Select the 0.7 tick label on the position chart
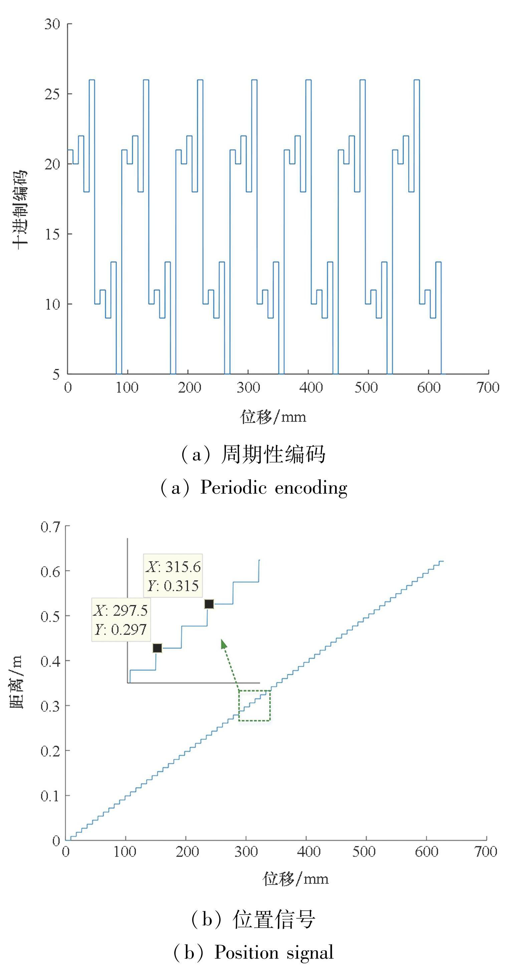pos(50,527)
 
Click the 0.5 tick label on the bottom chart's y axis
pos(50,616)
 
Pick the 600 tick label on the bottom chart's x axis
pos(426,852)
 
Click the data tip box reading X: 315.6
pos(173,576)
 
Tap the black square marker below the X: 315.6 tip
pos(209,604)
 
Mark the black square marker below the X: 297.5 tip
pos(158,648)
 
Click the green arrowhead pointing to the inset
pos(224,644)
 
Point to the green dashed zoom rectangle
pos(254,706)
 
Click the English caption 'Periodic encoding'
pos(274,488)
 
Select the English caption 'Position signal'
pos(274,952)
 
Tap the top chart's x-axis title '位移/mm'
pos(273,417)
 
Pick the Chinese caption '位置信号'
pos(274,919)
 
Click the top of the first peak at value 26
pos(92,80)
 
